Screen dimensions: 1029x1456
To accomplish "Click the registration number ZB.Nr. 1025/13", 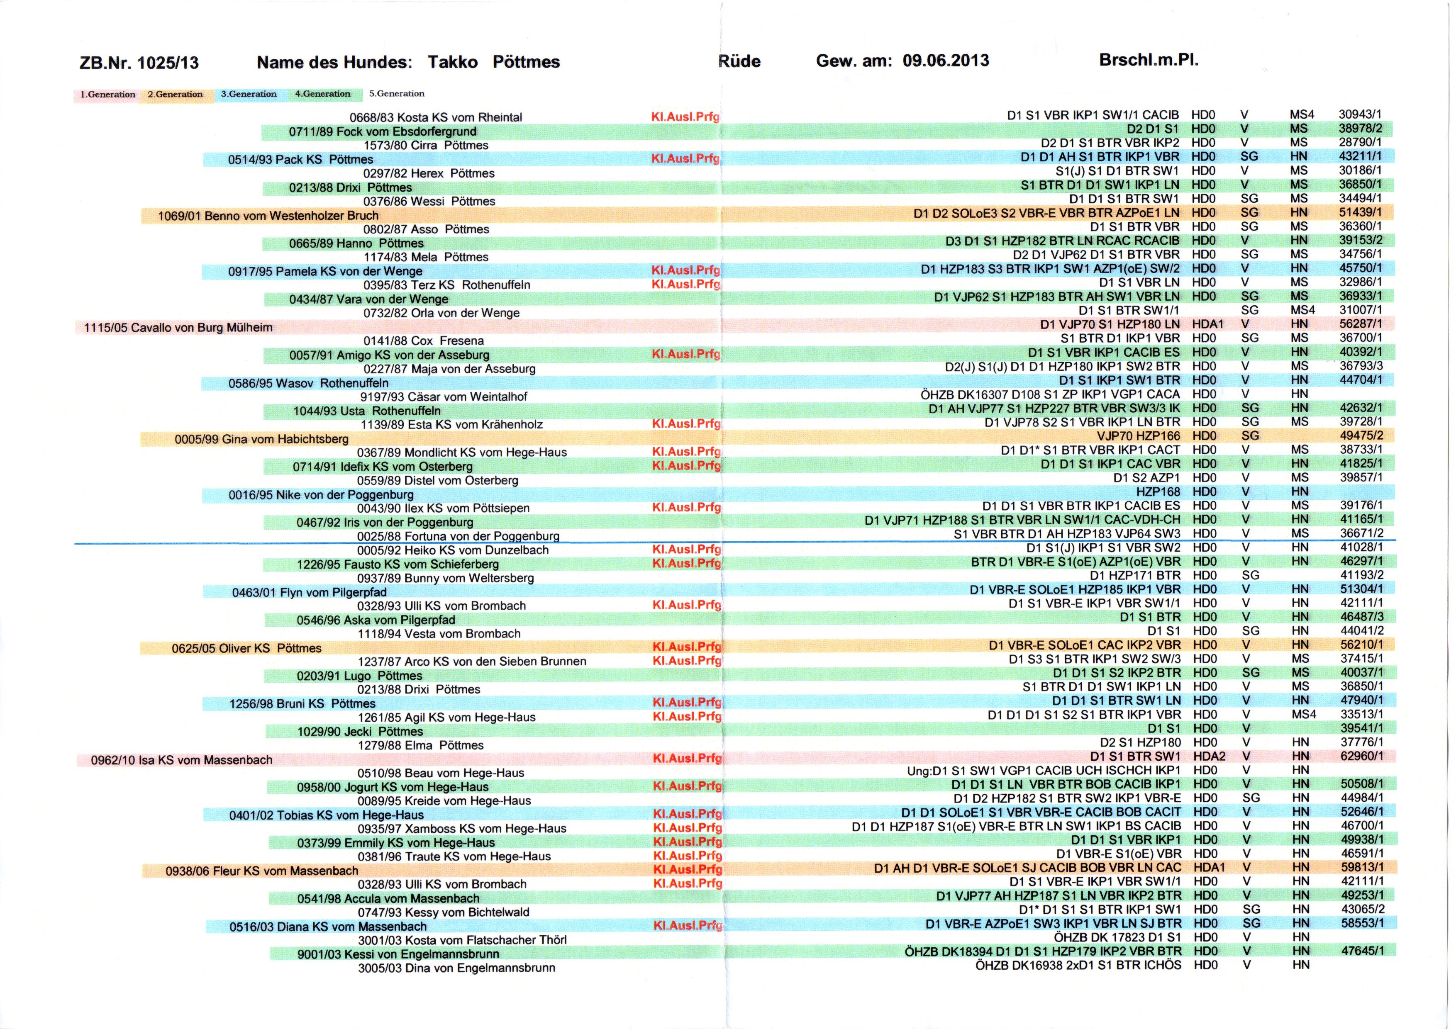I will point(139,63).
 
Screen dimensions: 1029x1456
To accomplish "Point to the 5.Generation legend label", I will point(396,94).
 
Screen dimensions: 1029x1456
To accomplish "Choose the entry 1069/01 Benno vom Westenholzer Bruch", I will point(268,216).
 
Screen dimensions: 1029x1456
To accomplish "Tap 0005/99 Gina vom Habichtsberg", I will point(261,439).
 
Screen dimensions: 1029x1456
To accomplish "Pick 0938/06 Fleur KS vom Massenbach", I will point(262,871).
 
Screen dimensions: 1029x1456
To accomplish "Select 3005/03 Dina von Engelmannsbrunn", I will point(456,968).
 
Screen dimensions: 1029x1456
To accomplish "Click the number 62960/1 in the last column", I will point(1361,756).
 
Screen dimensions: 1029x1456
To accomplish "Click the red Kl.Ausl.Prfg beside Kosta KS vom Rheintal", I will point(685,117).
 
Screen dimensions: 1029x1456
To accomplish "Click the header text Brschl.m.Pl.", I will point(1149,60).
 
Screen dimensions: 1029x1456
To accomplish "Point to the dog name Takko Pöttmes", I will point(493,62).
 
